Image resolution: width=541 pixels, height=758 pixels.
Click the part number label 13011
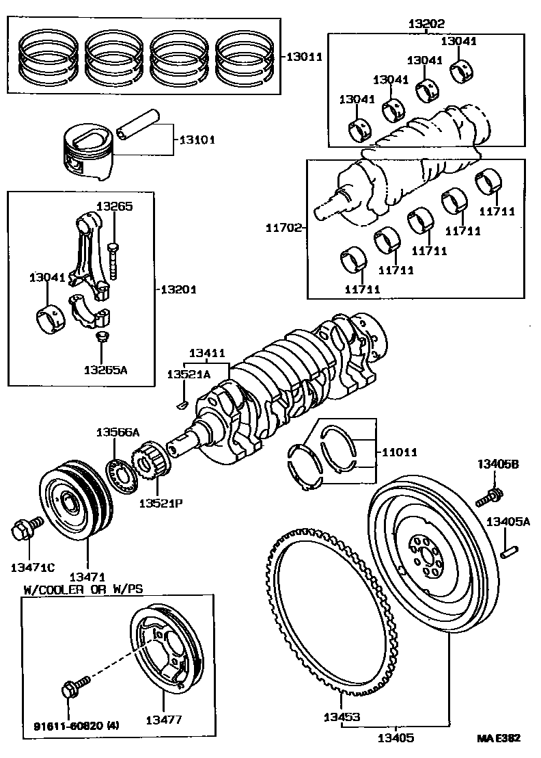click(x=305, y=57)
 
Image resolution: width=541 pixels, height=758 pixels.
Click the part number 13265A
click(x=105, y=370)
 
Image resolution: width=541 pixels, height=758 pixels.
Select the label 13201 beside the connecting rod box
click(x=179, y=289)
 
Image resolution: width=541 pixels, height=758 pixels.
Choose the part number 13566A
click(x=117, y=432)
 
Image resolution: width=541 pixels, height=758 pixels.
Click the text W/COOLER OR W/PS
click(x=83, y=590)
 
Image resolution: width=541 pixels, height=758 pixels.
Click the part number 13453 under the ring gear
click(x=342, y=718)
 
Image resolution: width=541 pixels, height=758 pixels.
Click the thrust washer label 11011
click(x=400, y=452)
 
